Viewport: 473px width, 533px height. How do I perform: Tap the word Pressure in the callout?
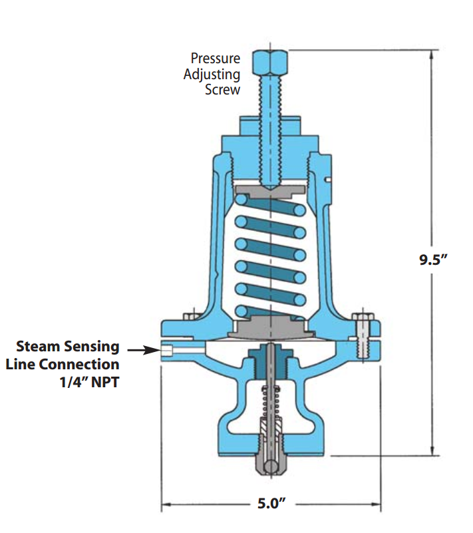tap(216, 59)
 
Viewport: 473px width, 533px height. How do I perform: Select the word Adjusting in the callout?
tap(212, 74)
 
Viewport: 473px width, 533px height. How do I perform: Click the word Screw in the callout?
tap(222, 89)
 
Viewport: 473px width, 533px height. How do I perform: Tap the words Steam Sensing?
tap(68, 347)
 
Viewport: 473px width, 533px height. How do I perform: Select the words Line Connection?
tap(63, 365)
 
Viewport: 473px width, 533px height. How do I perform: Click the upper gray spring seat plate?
tap(270, 198)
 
